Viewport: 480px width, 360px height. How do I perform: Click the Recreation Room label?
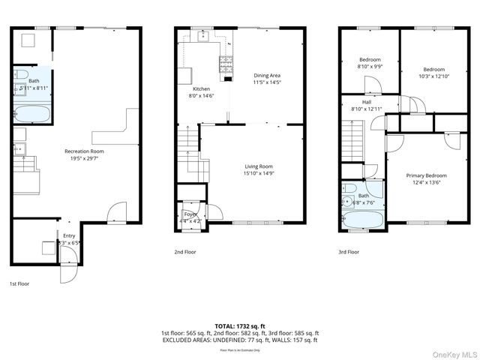(x=82, y=151)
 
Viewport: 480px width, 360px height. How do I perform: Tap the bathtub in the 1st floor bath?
(x=32, y=115)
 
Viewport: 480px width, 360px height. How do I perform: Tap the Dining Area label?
(x=266, y=75)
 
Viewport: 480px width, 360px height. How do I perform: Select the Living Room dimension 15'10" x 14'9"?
(x=258, y=173)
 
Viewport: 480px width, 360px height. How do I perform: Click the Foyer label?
(x=190, y=214)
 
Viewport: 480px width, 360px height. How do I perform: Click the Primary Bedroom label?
(x=425, y=175)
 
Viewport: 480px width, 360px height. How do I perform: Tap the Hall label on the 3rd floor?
(x=367, y=102)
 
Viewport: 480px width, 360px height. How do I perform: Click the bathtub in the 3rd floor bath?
(x=362, y=219)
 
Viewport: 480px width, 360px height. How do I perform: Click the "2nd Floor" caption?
(x=186, y=253)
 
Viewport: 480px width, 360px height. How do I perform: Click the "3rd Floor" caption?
(x=349, y=253)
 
